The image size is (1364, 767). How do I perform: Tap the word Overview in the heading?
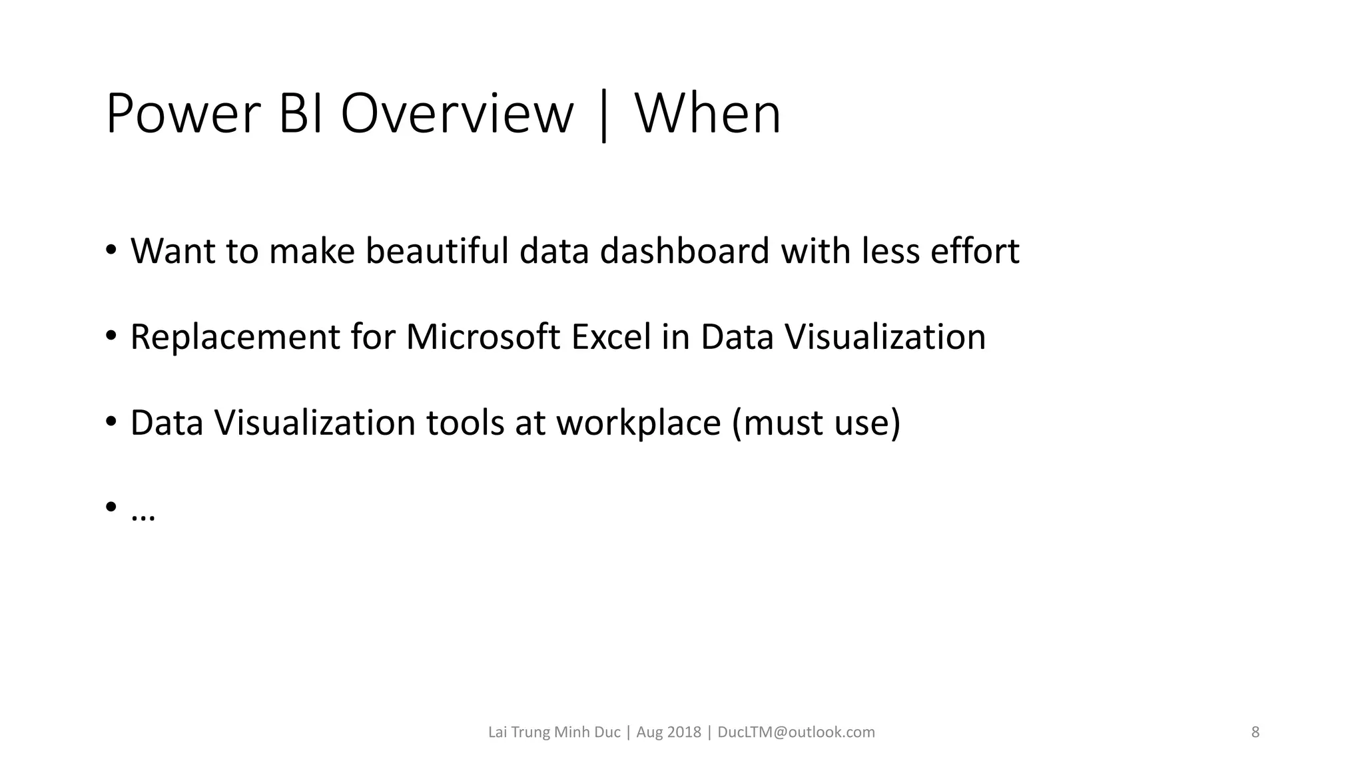click(x=457, y=115)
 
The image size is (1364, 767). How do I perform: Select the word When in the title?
click(x=708, y=115)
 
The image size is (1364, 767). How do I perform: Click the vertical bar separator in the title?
click(x=604, y=117)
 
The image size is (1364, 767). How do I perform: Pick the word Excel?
click(x=611, y=337)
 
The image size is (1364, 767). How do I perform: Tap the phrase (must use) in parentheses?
click(x=816, y=423)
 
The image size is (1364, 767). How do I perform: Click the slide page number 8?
click(x=1255, y=732)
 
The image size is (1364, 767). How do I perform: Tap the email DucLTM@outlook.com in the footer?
click(x=796, y=732)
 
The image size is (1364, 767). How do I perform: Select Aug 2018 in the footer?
click(x=668, y=732)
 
